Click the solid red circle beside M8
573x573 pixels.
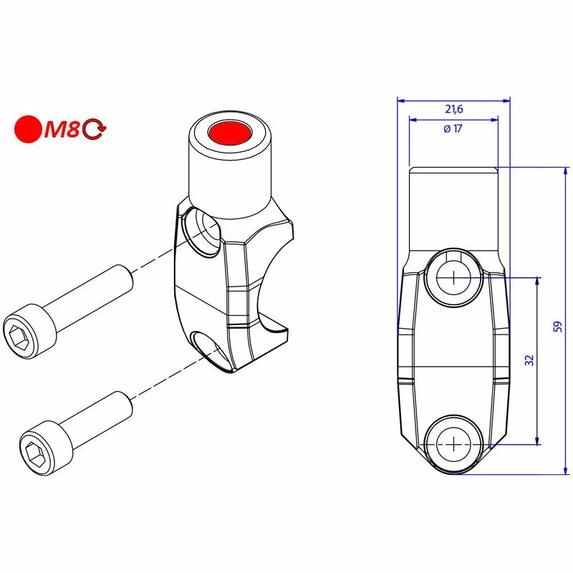pyautogui.click(x=29, y=129)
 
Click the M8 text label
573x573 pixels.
pyautogui.click(x=62, y=130)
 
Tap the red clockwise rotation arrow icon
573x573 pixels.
pyautogui.click(x=95, y=129)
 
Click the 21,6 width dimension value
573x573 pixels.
pyautogui.click(x=453, y=110)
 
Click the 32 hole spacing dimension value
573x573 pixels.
pyautogui.click(x=529, y=360)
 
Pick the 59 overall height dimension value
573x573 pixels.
pyautogui.click(x=559, y=326)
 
